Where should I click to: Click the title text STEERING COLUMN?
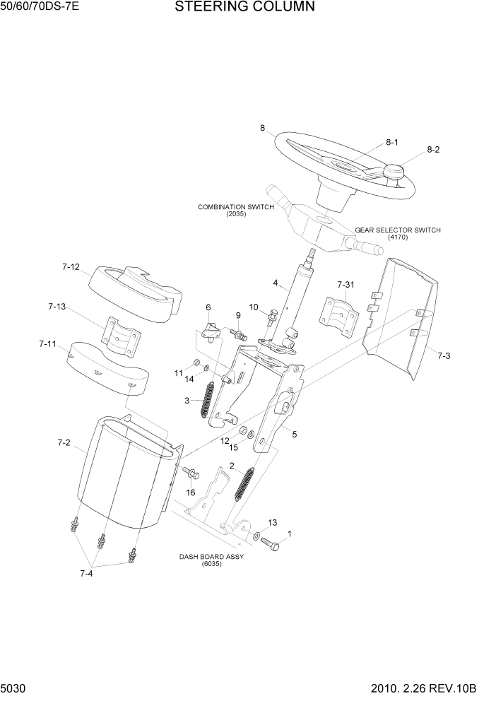pos(234,8)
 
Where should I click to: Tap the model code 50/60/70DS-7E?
pos(40,8)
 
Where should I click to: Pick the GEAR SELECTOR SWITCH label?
pos(397,233)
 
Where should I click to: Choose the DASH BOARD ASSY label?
pos(211,560)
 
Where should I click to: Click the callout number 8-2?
pos(432,150)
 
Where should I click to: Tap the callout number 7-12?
pos(71,267)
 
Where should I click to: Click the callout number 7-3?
pos(443,356)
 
